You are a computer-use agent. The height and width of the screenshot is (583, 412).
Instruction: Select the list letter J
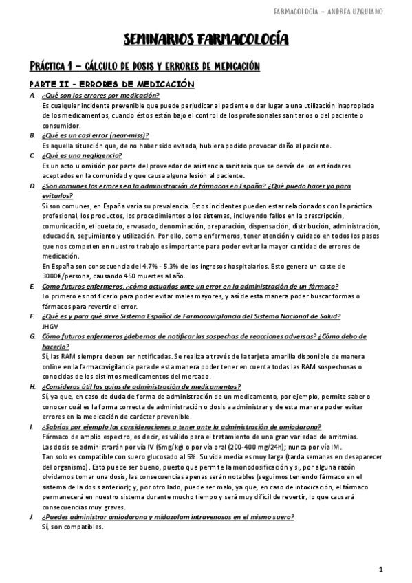pos(32,517)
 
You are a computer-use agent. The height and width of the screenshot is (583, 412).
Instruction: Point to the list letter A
pos(32,95)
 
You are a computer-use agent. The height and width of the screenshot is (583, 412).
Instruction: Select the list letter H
pos(32,386)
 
